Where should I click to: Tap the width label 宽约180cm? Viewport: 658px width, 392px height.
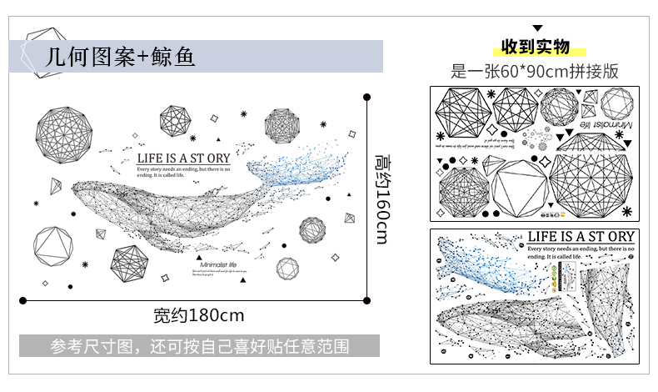(198, 315)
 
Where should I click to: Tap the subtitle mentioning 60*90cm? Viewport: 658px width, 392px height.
(535, 71)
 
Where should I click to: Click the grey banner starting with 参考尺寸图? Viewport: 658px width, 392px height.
(199, 345)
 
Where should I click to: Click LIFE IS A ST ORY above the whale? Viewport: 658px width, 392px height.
(183, 157)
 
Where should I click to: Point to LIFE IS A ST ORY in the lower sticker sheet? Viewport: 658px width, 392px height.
(581, 237)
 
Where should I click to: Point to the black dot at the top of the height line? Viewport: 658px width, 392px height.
(368, 97)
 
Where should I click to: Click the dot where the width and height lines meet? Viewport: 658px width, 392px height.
(368, 296)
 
